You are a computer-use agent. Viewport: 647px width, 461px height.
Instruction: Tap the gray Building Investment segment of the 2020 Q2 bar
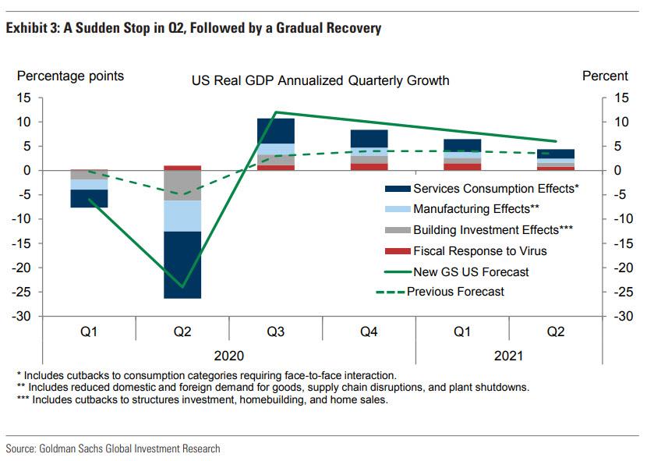coord(182,186)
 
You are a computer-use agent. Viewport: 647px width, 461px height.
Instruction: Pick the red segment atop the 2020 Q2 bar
coord(182,168)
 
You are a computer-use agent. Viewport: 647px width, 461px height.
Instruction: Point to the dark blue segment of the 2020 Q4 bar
coord(369,138)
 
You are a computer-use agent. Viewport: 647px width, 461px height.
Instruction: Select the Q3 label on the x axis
coord(276,331)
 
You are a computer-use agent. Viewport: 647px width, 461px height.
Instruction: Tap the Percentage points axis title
coord(71,76)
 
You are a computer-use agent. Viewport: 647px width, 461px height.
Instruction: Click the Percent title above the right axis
coord(605,76)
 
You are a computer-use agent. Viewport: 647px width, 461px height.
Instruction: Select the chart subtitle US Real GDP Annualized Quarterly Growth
coord(320,80)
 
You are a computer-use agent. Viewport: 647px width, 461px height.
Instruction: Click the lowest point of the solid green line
coord(183,287)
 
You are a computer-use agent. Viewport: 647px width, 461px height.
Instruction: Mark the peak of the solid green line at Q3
coord(276,112)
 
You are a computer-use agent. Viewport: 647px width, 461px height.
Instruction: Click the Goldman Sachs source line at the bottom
coord(113,449)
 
